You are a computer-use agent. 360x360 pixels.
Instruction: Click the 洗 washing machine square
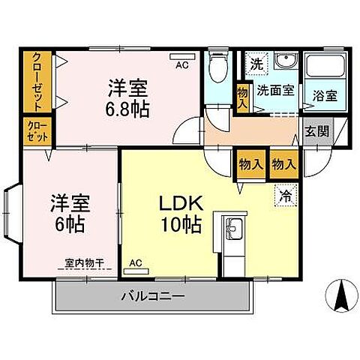coord(256,62)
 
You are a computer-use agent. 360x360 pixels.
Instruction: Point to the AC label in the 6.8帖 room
coord(181,65)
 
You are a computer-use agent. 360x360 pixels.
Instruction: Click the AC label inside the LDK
coord(136,263)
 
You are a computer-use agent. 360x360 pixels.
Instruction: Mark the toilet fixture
coord(217,69)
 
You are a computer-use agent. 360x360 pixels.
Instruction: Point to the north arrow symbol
coord(340,296)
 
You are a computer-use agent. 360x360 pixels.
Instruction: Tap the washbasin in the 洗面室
coord(285,62)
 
